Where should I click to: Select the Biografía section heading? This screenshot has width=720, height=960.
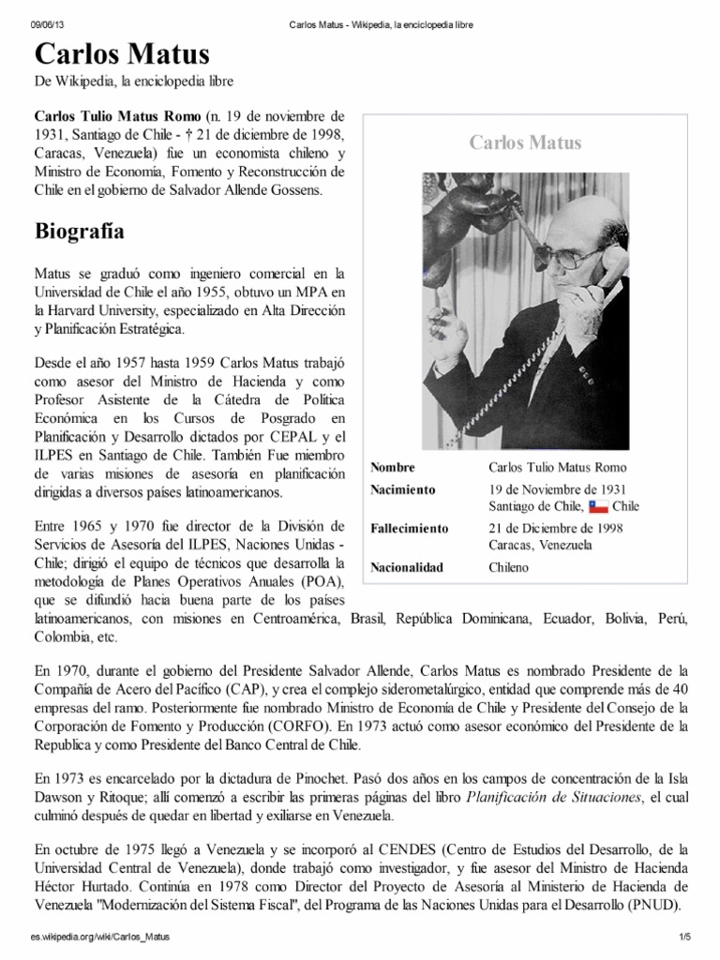(x=81, y=231)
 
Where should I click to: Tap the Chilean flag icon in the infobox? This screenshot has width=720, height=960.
(x=598, y=507)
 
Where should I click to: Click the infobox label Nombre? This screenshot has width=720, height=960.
(x=393, y=467)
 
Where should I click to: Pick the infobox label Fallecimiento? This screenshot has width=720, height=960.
(x=410, y=528)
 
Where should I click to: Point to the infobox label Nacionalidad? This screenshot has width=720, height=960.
(x=407, y=567)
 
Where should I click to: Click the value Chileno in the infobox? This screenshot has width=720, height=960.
(x=509, y=567)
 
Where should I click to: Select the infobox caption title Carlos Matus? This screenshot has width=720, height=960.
(x=525, y=142)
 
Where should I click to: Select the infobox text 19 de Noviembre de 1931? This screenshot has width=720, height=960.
(x=557, y=489)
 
